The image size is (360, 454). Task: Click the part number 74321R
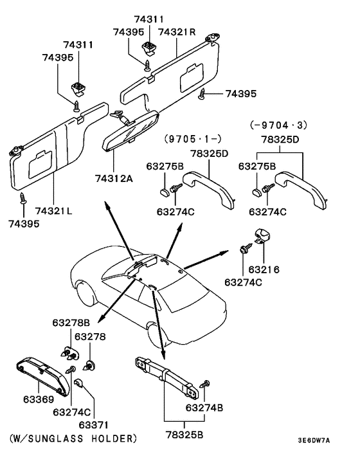point(177,32)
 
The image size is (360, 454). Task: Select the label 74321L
point(53,211)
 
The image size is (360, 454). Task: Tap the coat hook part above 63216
point(263,237)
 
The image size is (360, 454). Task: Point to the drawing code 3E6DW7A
point(313,440)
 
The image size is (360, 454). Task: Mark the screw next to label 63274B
point(205,384)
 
